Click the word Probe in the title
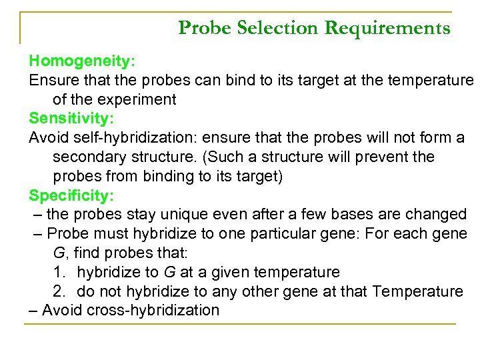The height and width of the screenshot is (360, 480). coord(203,28)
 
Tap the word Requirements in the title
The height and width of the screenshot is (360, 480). coord(387,28)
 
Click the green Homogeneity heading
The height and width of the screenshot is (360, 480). coord(82,61)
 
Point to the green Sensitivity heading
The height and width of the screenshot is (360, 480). coord(71,119)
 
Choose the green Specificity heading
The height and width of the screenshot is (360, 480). coord(71,195)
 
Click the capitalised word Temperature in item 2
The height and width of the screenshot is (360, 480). coord(418,291)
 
